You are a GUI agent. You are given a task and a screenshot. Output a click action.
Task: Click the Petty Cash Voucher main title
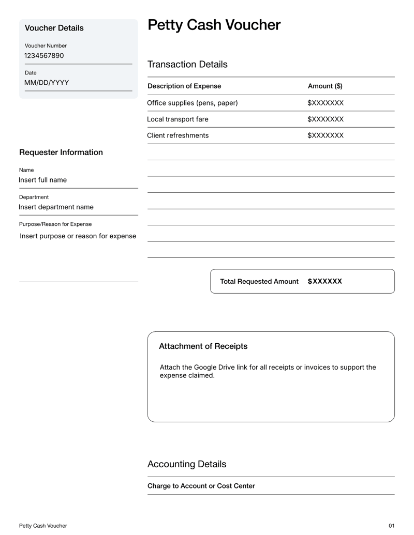[214, 25]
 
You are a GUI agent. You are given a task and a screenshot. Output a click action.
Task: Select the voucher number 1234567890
[44, 55]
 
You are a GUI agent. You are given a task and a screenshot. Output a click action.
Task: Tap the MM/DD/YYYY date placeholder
[47, 83]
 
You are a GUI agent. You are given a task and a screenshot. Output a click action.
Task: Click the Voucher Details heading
[54, 28]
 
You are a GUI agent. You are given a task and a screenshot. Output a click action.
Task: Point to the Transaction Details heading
[187, 65]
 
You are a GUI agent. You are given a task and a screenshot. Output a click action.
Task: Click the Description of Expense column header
[184, 86]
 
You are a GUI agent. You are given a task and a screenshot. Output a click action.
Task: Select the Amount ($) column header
[325, 86]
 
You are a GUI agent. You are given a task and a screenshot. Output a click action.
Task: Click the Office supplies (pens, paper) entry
[193, 103]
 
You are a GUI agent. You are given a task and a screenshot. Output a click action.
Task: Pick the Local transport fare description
[178, 119]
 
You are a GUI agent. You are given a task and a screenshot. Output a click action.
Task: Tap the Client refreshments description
[178, 135]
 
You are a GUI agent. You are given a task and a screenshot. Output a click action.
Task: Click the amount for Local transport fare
[326, 119]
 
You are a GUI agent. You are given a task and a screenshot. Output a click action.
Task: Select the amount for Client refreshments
[326, 135]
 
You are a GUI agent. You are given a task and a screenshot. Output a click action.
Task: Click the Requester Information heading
[61, 152]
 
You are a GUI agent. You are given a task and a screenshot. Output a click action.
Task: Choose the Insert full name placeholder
[43, 180]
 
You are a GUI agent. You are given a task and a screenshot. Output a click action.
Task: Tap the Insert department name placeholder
[56, 207]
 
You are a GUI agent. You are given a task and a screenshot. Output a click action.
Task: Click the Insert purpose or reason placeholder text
[78, 236]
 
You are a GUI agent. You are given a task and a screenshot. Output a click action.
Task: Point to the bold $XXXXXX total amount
[325, 281]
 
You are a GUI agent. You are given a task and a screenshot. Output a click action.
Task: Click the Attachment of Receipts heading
[203, 346]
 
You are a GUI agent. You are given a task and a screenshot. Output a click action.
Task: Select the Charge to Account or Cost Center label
[201, 486]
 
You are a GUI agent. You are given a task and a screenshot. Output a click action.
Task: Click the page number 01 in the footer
[391, 526]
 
